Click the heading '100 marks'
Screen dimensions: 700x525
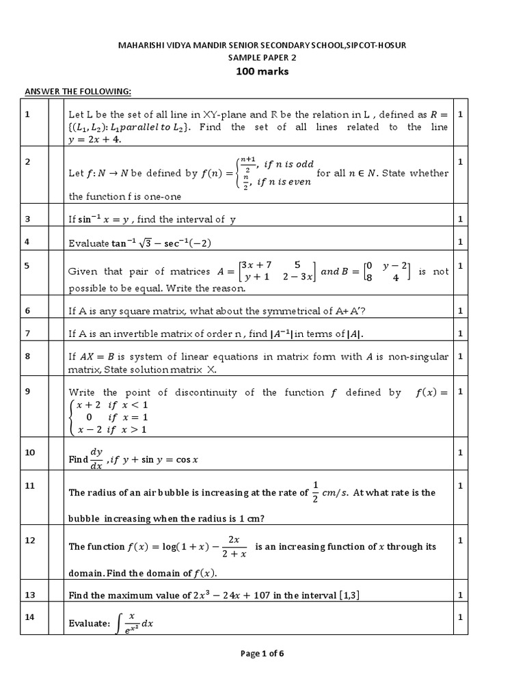(x=262, y=72)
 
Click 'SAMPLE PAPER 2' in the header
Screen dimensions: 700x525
(x=262, y=58)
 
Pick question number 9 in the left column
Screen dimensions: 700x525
(x=27, y=392)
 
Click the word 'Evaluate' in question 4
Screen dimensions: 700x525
(x=88, y=243)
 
